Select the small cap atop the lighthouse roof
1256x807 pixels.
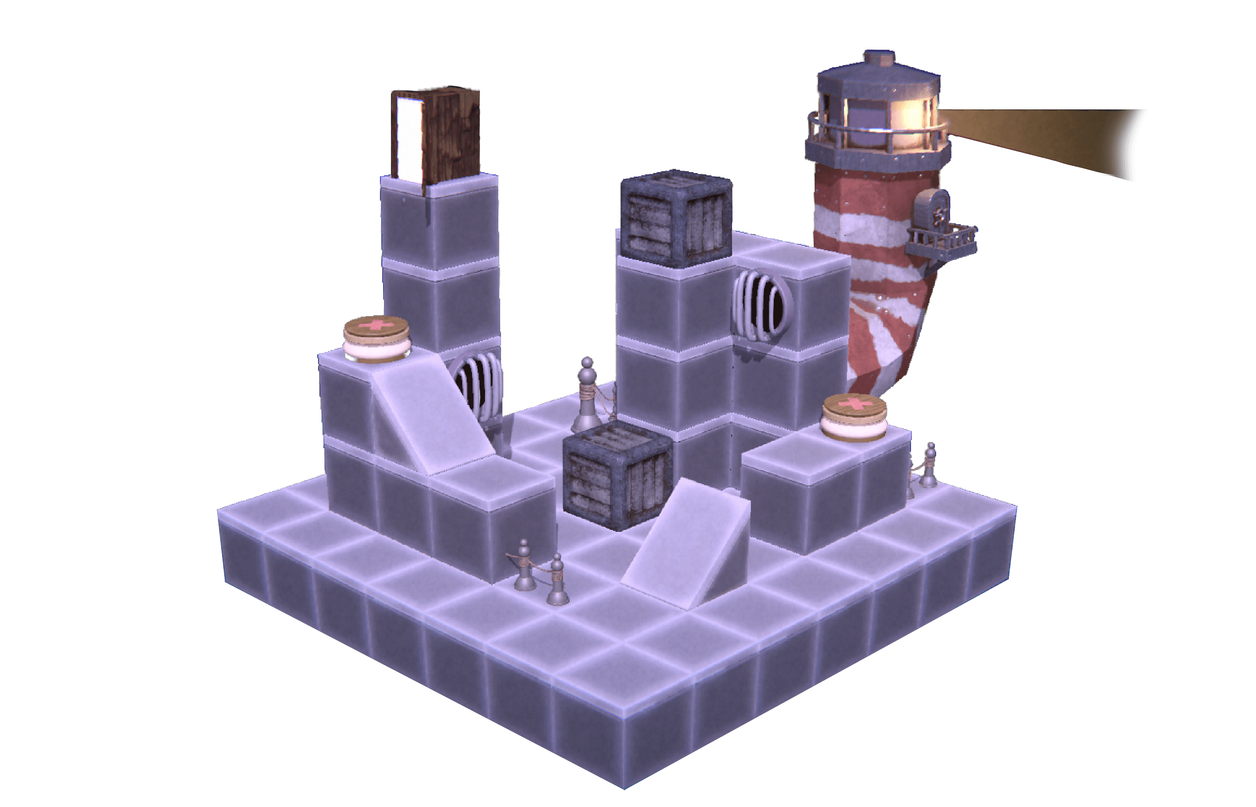point(879,58)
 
